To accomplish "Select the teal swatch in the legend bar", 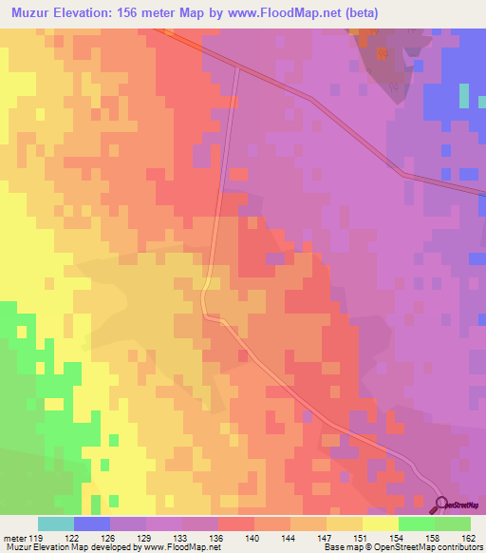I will (x=56, y=524).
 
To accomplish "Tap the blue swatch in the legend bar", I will (x=92, y=524).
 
